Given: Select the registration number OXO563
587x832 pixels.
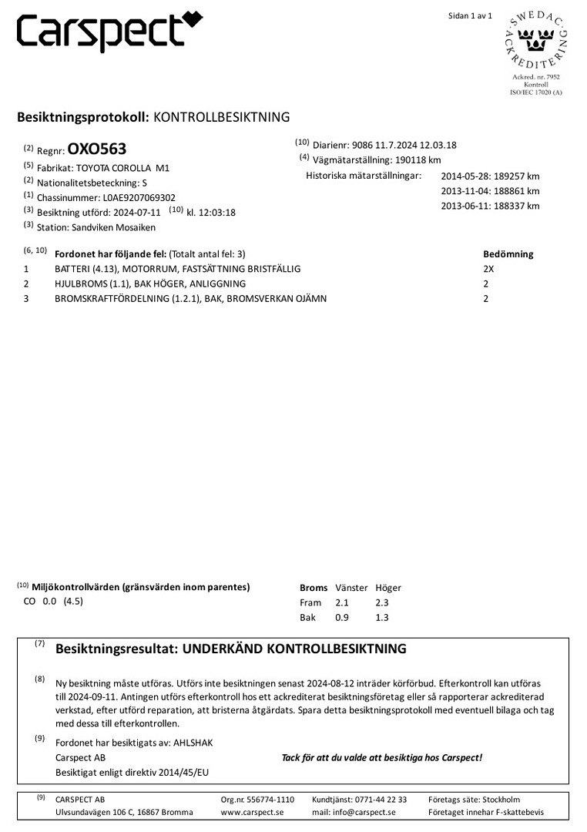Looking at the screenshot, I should (96, 149).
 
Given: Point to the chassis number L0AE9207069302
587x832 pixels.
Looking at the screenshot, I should (139, 196).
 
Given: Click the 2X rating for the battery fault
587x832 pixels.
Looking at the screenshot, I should (488, 269).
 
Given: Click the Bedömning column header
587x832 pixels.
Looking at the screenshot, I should (508, 254).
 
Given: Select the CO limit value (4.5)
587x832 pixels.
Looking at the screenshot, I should (73, 602).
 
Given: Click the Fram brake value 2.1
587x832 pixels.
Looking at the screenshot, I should (342, 602).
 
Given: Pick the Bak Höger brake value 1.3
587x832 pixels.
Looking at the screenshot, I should (382, 618).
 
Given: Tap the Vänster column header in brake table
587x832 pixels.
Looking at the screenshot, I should (351, 588).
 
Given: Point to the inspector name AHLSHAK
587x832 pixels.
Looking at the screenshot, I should (190, 743).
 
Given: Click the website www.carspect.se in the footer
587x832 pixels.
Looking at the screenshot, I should (252, 812).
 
